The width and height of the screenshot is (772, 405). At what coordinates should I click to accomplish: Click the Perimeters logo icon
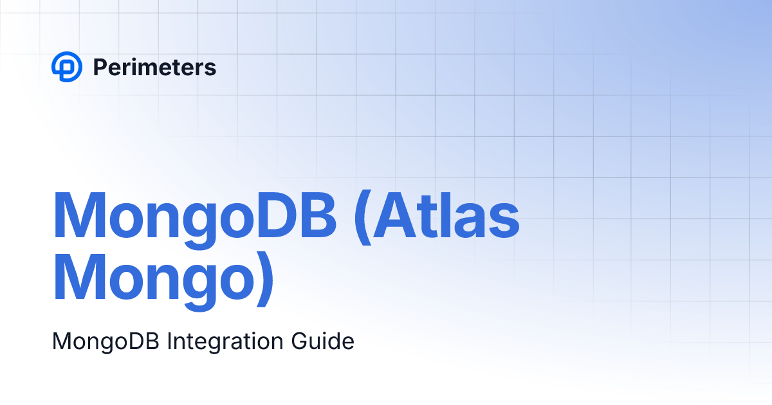[67, 67]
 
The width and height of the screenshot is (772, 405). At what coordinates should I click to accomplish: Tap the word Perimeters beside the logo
[154, 67]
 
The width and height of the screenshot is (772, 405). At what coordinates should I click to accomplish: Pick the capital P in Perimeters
[100, 67]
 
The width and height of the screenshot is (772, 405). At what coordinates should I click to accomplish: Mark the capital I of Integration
[169, 341]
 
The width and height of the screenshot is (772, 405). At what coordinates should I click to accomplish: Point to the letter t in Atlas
[438, 215]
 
